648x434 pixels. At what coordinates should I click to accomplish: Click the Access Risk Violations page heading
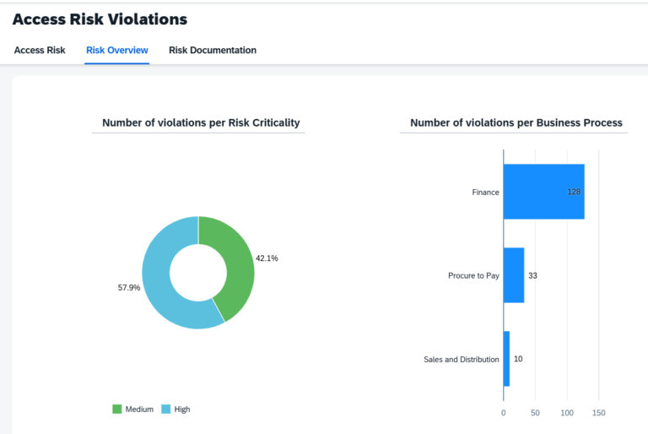coord(100,19)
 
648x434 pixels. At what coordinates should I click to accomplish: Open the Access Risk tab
coord(40,51)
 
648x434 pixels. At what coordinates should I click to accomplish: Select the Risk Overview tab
coord(117,51)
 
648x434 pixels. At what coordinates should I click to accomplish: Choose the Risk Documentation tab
coord(213,51)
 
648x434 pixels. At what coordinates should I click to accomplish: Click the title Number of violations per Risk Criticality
coord(201,123)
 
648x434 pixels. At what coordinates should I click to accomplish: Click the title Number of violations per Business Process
coord(516,123)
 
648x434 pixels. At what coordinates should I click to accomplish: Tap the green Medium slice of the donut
coord(233,262)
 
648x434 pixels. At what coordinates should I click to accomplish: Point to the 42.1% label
coord(267,258)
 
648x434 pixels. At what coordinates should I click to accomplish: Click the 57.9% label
coord(128,288)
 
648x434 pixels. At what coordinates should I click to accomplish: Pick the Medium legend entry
coord(133,410)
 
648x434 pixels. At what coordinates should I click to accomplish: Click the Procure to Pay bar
coord(513,275)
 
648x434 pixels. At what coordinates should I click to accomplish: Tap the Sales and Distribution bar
coord(506,359)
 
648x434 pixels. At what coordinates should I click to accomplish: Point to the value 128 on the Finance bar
coord(574,193)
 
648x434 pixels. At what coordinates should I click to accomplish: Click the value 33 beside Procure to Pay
coord(533,275)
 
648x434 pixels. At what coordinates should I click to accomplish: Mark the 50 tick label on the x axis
coord(535,413)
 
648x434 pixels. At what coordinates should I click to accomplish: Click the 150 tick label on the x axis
coord(598,413)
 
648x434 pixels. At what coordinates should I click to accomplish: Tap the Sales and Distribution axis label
coord(461,360)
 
